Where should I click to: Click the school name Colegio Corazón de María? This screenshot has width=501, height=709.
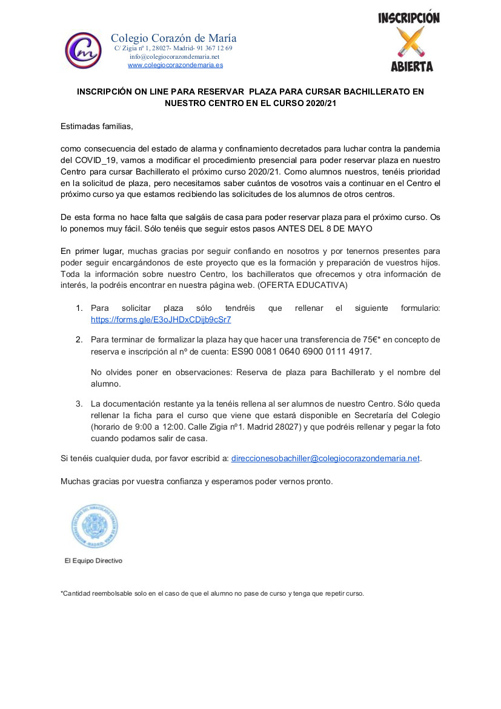coord(173,38)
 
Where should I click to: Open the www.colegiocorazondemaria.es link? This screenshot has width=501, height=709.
coord(175,65)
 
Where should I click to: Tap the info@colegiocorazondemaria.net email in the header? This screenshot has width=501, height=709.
coord(174,56)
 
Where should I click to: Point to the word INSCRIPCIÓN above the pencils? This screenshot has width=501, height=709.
coord(410,18)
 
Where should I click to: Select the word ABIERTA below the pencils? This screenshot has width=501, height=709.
coord(411,67)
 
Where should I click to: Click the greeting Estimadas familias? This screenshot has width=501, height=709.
coord(96,127)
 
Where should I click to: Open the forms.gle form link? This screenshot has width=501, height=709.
coord(161,319)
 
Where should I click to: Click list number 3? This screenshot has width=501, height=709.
coord(79,404)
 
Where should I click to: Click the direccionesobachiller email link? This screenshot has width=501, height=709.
coord(325,459)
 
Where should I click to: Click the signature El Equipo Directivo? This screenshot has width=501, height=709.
coord(93,561)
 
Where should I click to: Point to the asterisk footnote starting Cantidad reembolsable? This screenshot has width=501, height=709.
coord(212,593)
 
